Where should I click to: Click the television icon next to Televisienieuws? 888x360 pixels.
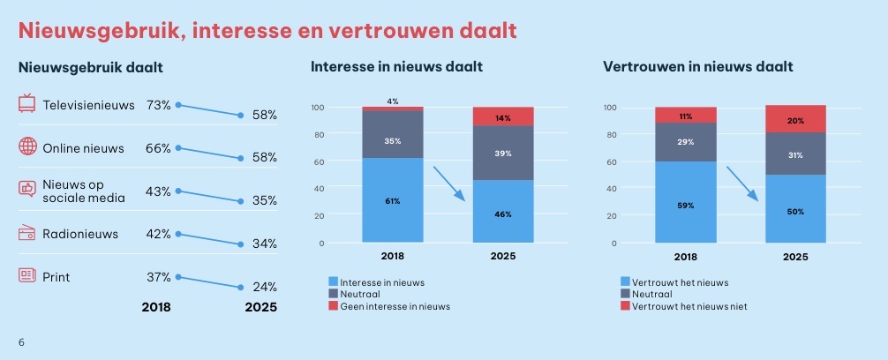[27, 104]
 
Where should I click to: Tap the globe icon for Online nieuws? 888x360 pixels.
[27, 147]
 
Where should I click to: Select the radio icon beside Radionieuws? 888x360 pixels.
[27, 233]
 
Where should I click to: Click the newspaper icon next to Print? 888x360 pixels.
[27, 275]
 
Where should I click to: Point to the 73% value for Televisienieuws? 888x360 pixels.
[158, 105]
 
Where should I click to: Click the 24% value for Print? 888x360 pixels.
[264, 287]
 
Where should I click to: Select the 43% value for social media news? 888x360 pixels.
[158, 191]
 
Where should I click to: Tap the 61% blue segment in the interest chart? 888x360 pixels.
[392, 200]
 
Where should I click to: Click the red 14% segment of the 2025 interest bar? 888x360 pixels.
[502, 116]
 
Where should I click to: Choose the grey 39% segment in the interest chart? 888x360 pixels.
[502, 154]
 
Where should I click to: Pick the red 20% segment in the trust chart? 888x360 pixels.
[795, 119]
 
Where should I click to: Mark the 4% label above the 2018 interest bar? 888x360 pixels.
[392, 101]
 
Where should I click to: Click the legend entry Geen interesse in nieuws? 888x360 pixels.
[395, 306]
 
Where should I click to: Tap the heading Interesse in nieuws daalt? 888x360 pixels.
[396, 67]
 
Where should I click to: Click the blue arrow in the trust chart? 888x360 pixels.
[742, 183]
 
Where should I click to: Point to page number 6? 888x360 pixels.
[22, 341]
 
